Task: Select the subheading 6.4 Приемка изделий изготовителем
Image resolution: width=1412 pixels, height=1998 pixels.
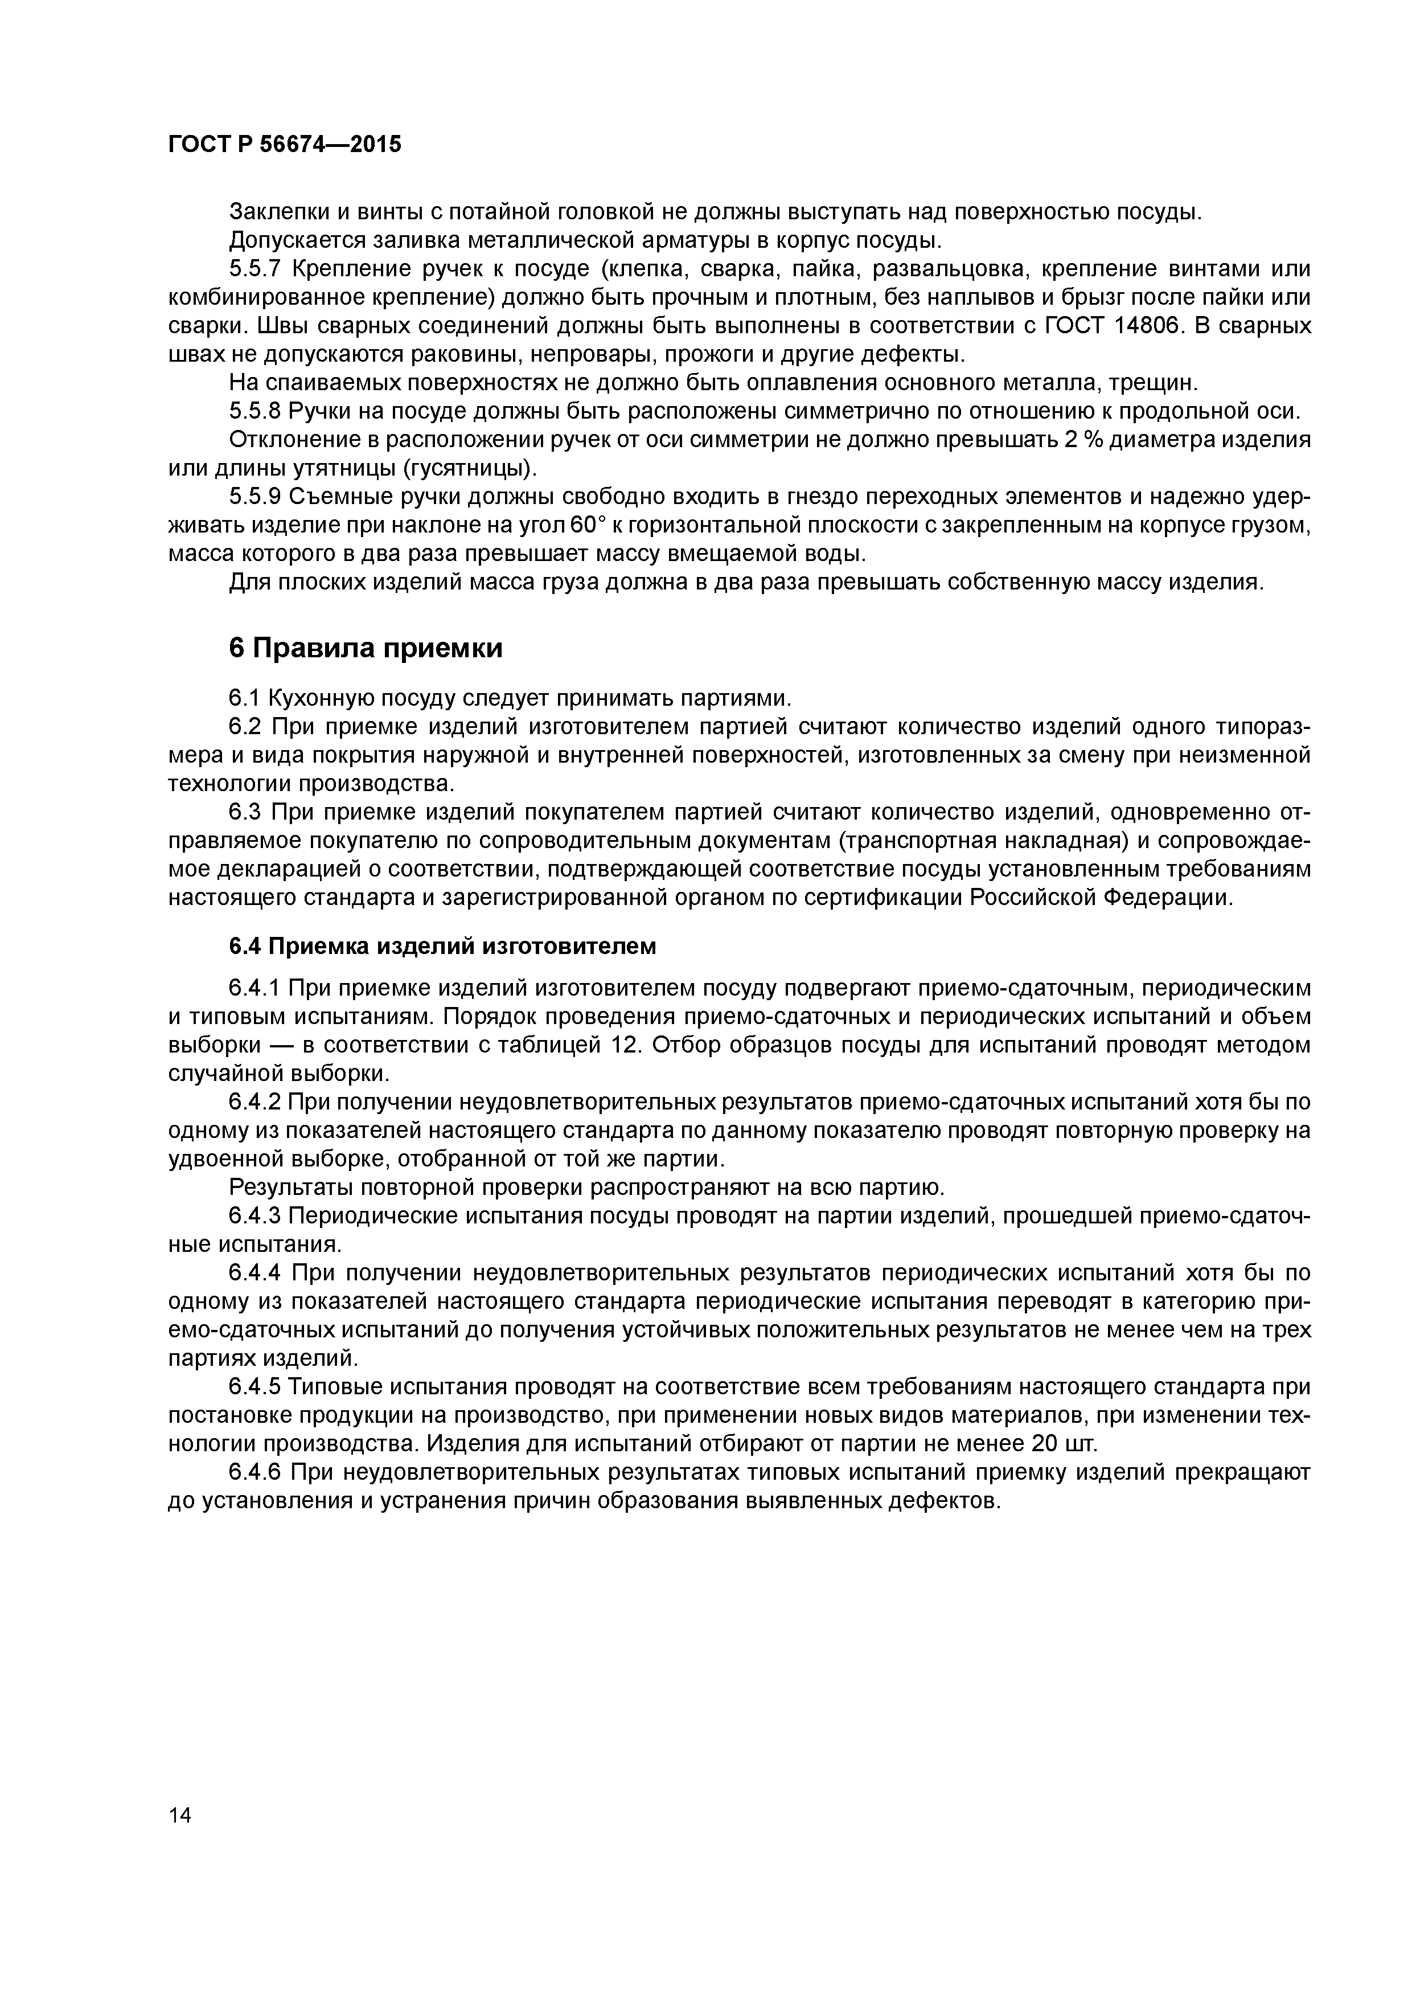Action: pos(442,946)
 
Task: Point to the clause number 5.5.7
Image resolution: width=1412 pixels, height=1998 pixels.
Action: pos(256,269)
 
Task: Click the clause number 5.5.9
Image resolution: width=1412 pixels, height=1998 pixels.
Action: pos(256,497)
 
